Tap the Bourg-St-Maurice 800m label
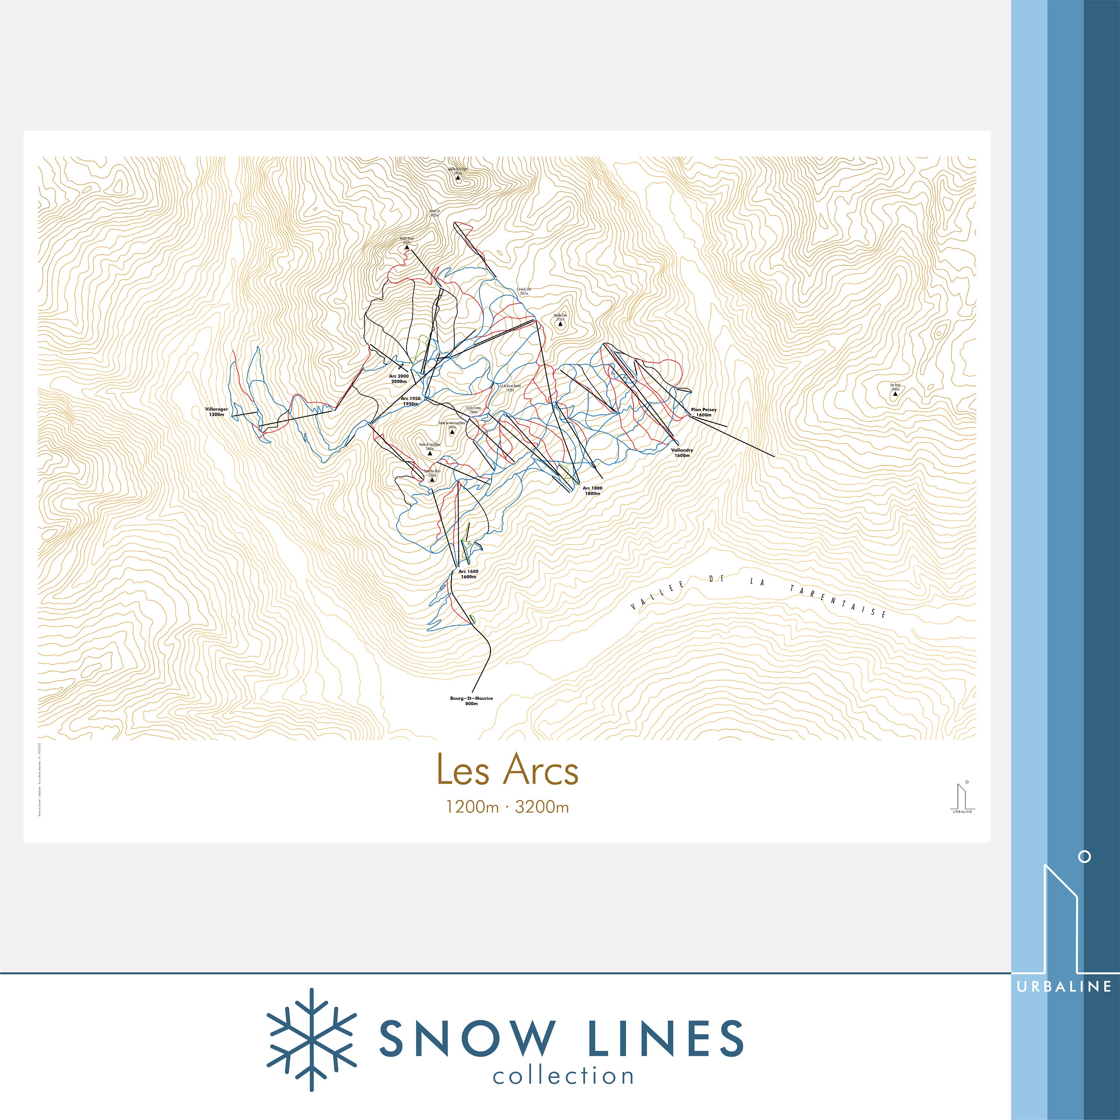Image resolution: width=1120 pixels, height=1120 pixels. pyautogui.click(x=471, y=701)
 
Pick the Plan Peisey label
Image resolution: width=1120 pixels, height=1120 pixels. pyautogui.click(x=703, y=412)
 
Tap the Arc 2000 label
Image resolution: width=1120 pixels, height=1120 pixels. pyautogui.click(x=399, y=379)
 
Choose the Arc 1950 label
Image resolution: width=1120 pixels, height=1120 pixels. pyautogui.click(x=410, y=401)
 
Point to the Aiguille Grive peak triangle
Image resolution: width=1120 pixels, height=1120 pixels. pyautogui.click(x=560, y=324)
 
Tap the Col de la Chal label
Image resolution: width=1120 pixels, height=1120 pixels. pyautogui.click(x=524, y=291)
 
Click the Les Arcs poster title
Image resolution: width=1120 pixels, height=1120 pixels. pyautogui.click(x=507, y=770)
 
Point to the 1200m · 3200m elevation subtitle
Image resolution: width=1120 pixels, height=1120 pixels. pyautogui.click(x=507, y=807)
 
